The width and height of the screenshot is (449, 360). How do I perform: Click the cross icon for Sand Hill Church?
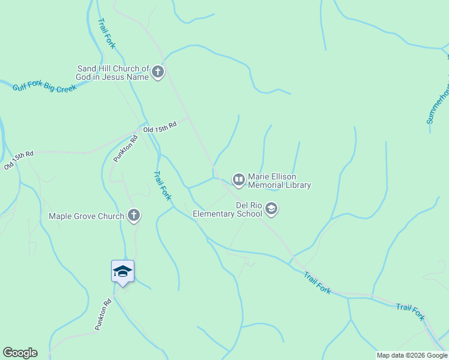pyautogui.click(x=157, y=73)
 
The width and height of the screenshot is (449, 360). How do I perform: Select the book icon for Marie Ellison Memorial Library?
pyautogui.click(x=238, y=179)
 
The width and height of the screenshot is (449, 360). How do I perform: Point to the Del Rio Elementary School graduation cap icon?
pyautogui.click(x=271, y=208)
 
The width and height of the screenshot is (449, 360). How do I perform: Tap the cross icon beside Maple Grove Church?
pyautogui.click(x=133, y=215)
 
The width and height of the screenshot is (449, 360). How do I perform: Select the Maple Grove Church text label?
pyautogui.click(x=86, y=216)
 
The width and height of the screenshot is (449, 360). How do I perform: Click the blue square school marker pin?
pyautogui.click(x=122, y=272)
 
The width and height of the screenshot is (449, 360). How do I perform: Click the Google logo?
pyautogui.click(x=20, y=353)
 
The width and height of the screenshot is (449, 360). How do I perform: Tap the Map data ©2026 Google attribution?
pyautogui.click(x=412, y=355)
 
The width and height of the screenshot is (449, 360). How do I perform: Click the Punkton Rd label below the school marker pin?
pyautogui.click(x=103, y=314)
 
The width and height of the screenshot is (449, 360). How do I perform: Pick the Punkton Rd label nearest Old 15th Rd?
pyautogui.click(x=125, y=148)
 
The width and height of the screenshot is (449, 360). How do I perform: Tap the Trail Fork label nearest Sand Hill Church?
pyautogui.click(x=106, y=33)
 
